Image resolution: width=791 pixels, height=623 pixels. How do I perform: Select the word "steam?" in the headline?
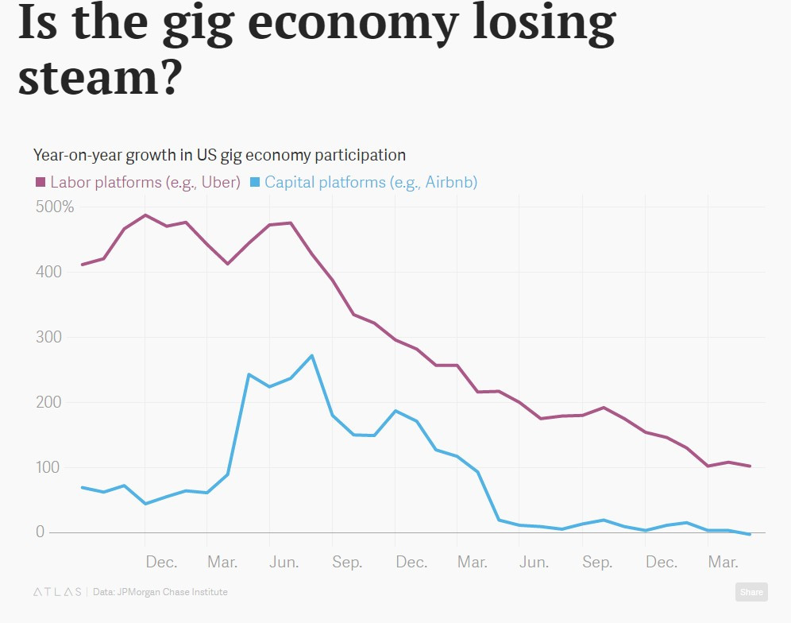pos(100,78)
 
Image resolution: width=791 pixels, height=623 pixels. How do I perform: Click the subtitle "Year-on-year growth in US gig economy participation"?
pos(219,155)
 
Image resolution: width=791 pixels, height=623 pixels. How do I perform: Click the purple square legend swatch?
pos(41,183)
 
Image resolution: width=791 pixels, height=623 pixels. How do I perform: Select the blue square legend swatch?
pos(255,183)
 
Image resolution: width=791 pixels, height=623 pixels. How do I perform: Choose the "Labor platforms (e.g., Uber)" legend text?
pos(145,182)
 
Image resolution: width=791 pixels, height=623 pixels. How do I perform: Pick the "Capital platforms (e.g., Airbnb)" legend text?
pos(371,182)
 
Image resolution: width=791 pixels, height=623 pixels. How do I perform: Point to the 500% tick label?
pos(55,207)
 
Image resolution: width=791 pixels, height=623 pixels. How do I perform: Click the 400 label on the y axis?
pos(48,272)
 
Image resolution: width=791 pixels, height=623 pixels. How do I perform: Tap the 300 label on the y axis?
pos(48,337)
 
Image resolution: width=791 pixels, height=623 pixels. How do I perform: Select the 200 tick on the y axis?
pos(48,402)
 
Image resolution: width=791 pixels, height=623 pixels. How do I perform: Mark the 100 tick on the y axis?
pos(48,467)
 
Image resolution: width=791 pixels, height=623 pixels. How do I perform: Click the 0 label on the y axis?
pos(40,532)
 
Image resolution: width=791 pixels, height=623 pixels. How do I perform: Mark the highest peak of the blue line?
pos(311,355)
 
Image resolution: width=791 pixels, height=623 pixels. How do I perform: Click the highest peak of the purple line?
pos(145,215)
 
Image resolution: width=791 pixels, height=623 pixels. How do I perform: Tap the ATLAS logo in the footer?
pos(57,592)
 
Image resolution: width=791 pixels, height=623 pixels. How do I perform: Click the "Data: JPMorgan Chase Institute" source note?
pos(160,592)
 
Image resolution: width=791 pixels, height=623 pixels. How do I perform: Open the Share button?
pos(750,591)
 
